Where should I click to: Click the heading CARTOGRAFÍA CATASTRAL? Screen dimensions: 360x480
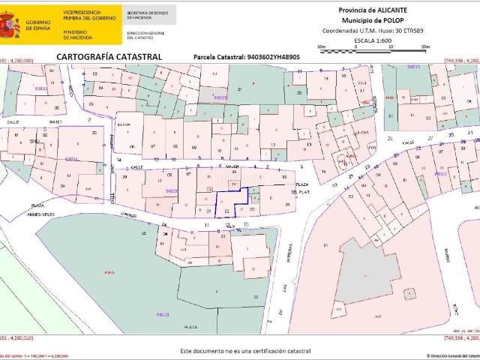point(109,56)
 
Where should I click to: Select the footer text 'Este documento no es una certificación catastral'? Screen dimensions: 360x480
point(245,351)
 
